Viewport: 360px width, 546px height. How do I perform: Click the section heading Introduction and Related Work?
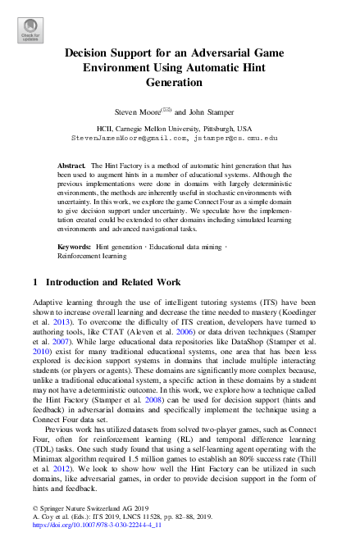[x=106, y=282]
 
